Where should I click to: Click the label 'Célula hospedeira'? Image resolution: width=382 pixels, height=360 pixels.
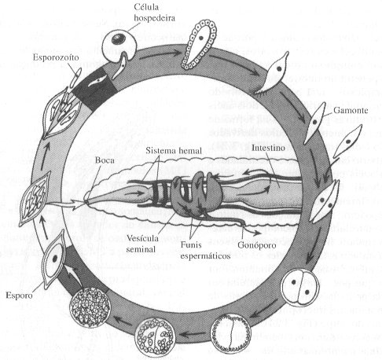click(154, 13)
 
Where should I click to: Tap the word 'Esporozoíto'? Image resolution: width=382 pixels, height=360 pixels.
click(56, 57)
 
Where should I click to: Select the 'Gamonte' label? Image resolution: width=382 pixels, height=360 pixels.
click(351, 110)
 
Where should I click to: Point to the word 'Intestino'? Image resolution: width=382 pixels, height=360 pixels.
click(268, 148)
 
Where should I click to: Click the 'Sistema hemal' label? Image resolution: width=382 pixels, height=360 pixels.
click(174, 151)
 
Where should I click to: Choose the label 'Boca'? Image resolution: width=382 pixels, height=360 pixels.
click(105, 160)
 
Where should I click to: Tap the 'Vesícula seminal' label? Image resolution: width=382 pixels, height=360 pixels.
click(142, 244)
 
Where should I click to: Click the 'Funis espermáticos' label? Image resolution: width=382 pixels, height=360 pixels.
click(205, 250)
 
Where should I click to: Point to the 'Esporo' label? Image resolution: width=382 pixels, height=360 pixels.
click(19, 296)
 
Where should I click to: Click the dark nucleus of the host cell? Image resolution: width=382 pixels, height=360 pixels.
click(118, 39)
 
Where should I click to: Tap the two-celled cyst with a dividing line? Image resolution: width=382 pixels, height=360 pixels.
click(300, 288)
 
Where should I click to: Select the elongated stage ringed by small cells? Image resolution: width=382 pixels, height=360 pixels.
click(200, 44)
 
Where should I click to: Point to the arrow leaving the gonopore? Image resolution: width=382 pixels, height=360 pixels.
click(252, 230)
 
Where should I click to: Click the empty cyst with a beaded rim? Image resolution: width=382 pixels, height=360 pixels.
click(231, 333)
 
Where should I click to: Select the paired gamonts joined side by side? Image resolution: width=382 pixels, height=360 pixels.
click(325, 200)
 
